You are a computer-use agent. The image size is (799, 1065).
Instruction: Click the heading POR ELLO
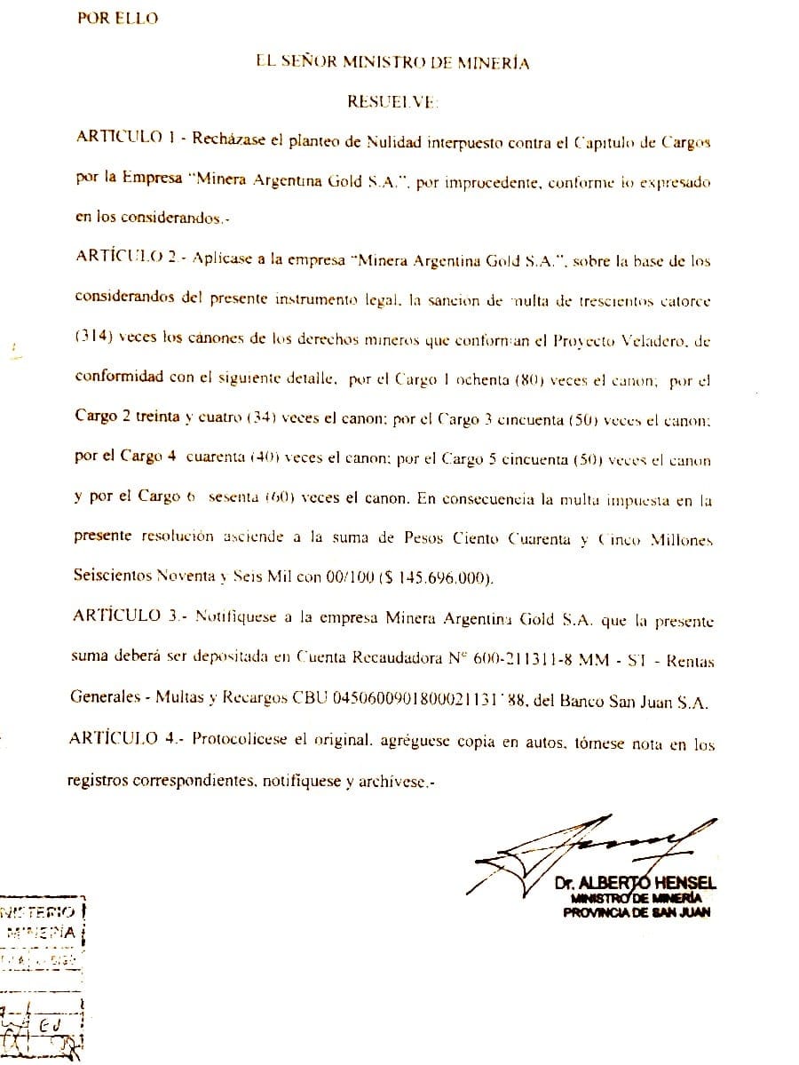118,19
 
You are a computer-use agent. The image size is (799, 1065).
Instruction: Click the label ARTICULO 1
120,141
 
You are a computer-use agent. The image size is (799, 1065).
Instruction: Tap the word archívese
399,782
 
